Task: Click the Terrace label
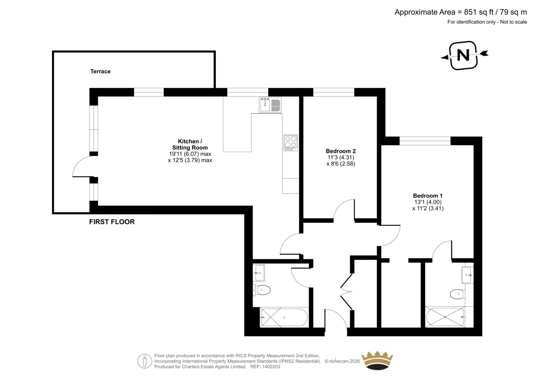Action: click(100, 71)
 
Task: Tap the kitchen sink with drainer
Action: click(270, 105)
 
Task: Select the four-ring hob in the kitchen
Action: click(291, 143)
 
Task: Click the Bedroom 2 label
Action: click(341, 151)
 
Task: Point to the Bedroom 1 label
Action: click(428, 196)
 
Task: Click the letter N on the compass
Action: click(463, 55)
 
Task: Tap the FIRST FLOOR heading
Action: click(112, 222)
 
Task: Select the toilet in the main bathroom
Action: click(262, 290)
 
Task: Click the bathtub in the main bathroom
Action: click(284, 317)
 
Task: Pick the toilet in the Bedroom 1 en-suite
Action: click(457, 294)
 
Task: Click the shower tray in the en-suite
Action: click(445, 317)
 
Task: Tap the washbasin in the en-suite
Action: click(467, 275)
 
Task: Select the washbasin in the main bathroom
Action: click(259, 273)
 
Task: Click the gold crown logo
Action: click(377, 361)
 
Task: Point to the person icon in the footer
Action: click(144, 361)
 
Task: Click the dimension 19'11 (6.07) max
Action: click(190, 154)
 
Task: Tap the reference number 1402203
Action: click(271, 367)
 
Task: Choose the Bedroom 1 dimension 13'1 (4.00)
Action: click(428, 202)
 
